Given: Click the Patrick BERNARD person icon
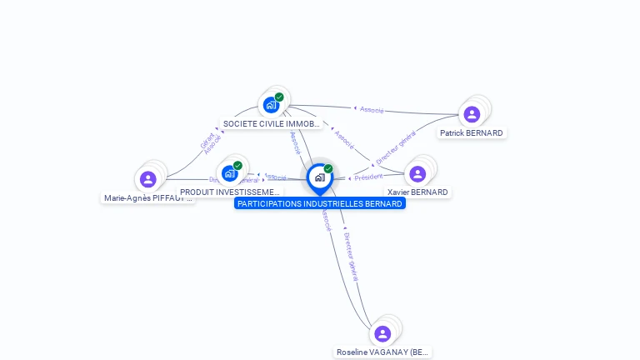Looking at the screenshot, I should pos(472,114).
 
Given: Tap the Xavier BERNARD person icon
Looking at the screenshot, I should pos(417,173).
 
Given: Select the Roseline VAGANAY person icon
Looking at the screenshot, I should pos(382,333).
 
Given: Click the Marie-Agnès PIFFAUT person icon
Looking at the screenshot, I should pos(148,179).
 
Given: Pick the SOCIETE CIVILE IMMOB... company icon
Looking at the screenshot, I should pos(271,104).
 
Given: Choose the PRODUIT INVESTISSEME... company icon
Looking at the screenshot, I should pos(230,172).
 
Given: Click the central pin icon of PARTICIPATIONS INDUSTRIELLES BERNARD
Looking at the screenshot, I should pos(319,177).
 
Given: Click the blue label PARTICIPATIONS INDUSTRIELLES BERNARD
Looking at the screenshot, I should pos(320,203).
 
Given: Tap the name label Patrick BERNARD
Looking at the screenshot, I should pos(472,132).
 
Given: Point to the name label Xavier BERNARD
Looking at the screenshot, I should pos(417,192).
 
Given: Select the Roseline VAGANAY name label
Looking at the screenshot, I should pos(382,352).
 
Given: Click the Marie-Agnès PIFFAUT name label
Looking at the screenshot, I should pos(148,198).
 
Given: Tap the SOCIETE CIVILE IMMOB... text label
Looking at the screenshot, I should pos(271,123).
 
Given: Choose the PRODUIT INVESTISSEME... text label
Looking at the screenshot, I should pos(230,192).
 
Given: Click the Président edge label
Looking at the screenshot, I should pos(368,177).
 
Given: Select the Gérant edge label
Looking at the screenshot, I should pos(207,140).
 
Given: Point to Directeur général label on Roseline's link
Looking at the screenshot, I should pos(351,256).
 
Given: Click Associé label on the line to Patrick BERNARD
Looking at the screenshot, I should pos(372,109).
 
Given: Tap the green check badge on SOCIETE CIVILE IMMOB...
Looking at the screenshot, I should pos(279,97).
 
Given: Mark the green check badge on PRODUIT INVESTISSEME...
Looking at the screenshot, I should pos(237,165).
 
